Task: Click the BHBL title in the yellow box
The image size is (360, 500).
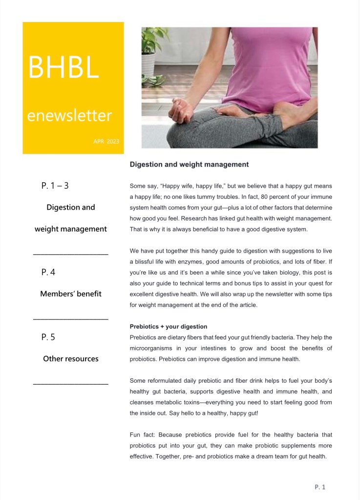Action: click(x=64, y=67)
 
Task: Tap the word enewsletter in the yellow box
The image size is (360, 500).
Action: click(x=69, y=116)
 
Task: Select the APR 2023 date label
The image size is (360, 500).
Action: click(x=106, y=142)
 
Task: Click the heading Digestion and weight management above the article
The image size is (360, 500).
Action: click(x=189, y=165)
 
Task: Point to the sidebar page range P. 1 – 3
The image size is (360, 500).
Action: click(x=55, y=186)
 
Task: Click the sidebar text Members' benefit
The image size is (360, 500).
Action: click(x=71, y=294)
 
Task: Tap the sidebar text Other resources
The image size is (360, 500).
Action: click(x=71, y=359)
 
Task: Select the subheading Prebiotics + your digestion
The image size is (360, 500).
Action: click(x=169, y=326)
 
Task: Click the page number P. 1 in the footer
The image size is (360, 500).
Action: click(x=320, y=487)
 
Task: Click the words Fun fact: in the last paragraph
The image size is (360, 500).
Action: click(x=143, y=435)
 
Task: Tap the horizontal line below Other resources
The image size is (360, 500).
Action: click(x=71, y=384)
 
